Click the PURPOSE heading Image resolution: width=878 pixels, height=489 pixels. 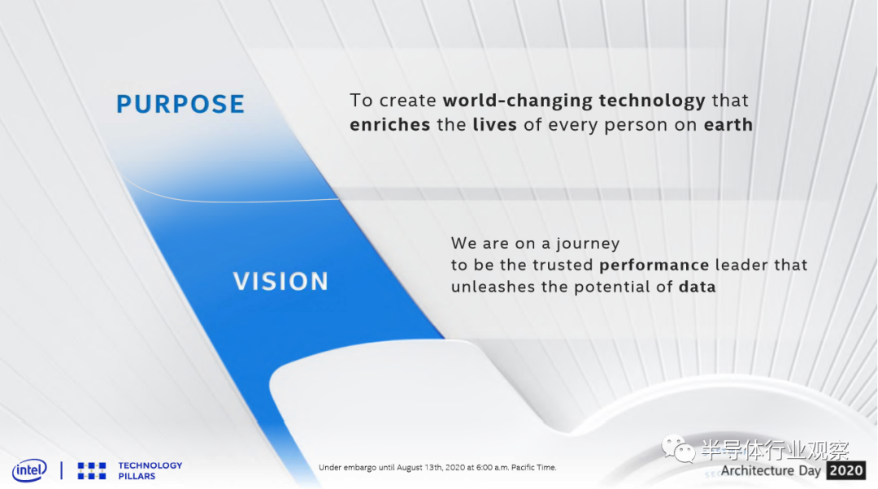pyautogui.click(x=180, y=104)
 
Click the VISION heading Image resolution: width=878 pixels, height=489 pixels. pyautogui.click(x=280, y=281)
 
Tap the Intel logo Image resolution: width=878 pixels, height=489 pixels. pyautogui.click(x=30, y=470)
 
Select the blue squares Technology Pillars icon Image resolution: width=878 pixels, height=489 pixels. pyautogui.click(x=92, y=470)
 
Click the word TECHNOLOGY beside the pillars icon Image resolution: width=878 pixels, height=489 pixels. pyautogui.click(x=150, y=465)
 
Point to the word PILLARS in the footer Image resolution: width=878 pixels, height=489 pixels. pyautogui.click(x=137, y=476)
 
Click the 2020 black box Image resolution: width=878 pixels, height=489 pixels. pyautogui.click(x=845, y=470)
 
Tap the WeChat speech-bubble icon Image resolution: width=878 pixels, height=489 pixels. pyautogui.click(x=677, y=448)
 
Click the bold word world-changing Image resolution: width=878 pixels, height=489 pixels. pyautogui.click(x=517, y=101)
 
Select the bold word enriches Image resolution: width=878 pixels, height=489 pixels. pyautogui.click(x=389, y=124)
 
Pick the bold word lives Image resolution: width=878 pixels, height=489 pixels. pyautogui.click(x=494, y=124)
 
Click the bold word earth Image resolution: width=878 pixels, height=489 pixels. pyautogui.click(x=728, y=124)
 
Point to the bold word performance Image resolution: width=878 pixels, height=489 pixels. pyautogui.click(x=654, y=265)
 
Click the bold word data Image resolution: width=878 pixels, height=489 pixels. pyautogui.click(x=698, y=287)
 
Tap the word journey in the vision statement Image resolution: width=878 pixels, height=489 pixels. pyautogui.click(x=588, y=244)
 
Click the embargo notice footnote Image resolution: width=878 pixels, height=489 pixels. pyautogui.click(x=437, y=467)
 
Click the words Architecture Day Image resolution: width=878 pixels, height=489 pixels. pyautogui.click(x=771, y=470)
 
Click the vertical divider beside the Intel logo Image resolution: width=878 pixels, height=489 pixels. pyautogui.click(x=62, y=470)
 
